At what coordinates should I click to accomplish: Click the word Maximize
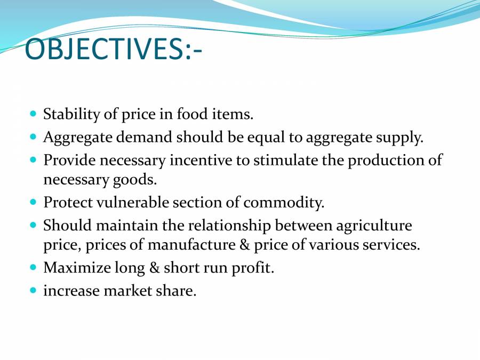point(75,268)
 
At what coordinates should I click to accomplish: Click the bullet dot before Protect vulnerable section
point(33,202)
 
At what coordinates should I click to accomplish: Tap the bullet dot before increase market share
point(33,291)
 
